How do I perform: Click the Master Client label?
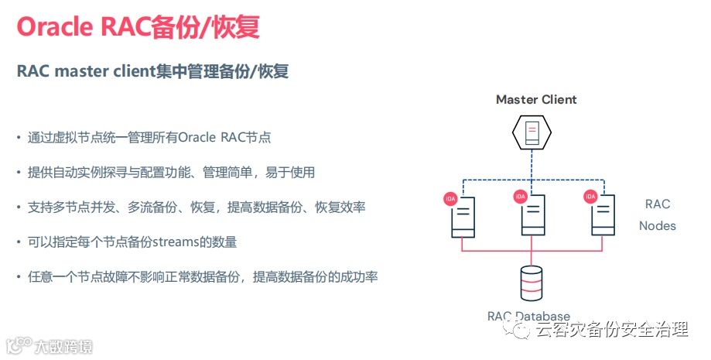536,99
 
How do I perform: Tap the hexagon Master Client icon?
532,132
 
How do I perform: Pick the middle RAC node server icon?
532,215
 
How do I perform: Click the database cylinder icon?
532,283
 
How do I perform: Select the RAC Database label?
528,316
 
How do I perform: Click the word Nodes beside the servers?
658,226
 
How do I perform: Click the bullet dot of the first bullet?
19,138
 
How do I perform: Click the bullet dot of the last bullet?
19,276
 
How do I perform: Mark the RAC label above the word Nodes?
658,204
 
